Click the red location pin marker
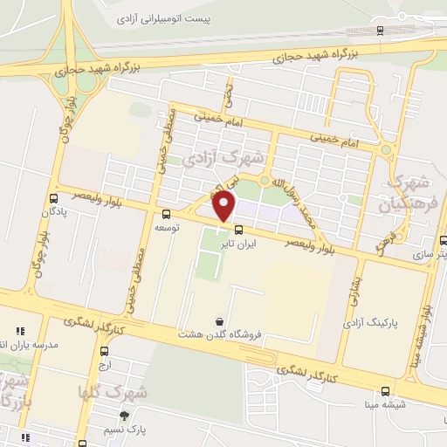[224, 206]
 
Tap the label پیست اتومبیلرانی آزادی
[167, 17]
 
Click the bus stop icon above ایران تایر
[238, 230]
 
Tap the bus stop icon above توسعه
[167, 213]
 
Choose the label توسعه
[168, 227]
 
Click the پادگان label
[53, 210]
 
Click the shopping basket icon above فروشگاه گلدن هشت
[217, 320]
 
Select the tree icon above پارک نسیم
[125, 416]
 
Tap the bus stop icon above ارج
[105, 349]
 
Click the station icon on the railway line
[380, 30]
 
